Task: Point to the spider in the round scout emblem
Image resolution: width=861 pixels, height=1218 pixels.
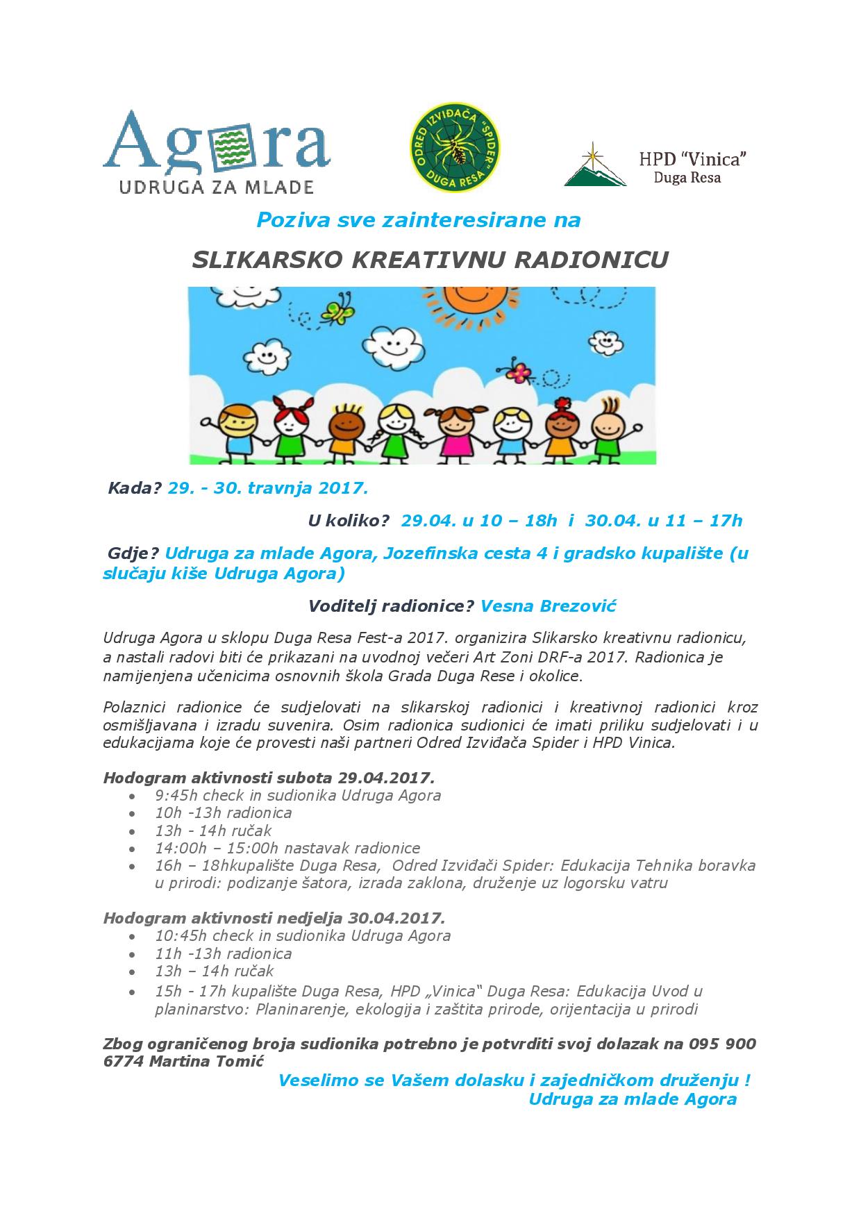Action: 454,147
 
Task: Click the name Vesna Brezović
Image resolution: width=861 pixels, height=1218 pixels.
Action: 549,606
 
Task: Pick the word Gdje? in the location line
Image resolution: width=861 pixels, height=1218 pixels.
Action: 133,554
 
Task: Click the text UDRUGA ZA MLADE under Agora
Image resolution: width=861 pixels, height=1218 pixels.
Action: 217,186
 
